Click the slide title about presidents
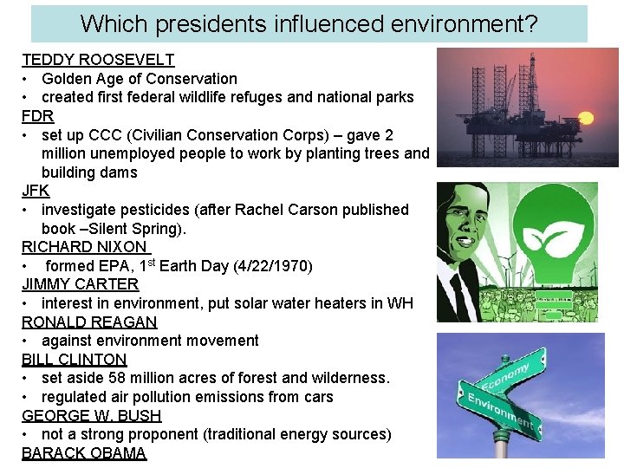309,23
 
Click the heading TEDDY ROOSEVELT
98,61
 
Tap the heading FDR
38,116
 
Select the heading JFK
36,191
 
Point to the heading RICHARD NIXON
84,247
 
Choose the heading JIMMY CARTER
80,284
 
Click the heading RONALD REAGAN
89,322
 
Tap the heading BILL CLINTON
75,360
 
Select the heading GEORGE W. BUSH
92,416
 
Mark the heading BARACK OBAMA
84,453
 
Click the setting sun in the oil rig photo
583,117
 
